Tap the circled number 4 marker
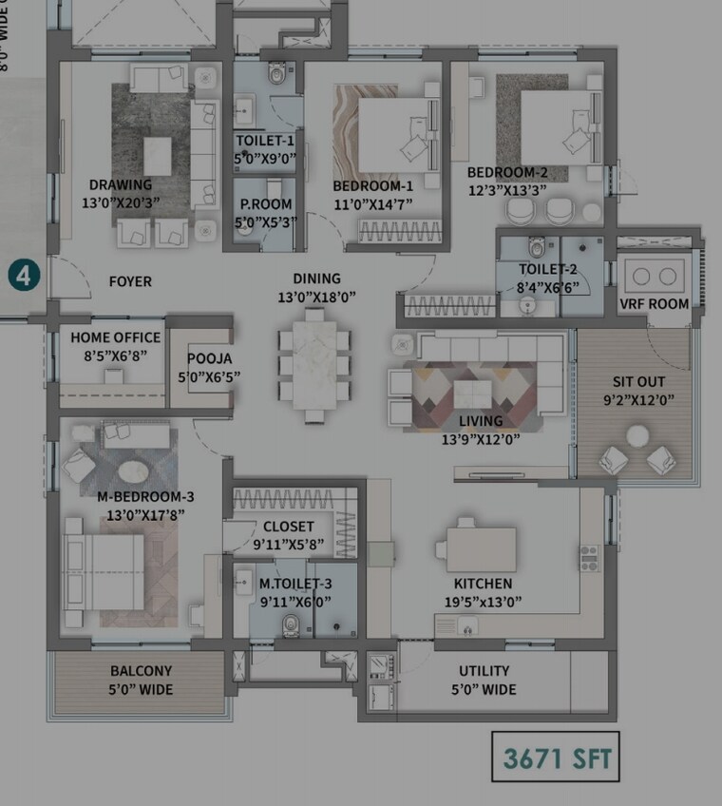click(x=24, y=277)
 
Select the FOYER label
click(x=130, y=281)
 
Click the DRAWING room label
click(x=121, y=184)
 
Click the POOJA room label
click(x=209, y=358)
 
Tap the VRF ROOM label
click(x=654, y=303)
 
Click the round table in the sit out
click(x=637, y=435)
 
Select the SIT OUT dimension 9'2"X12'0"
click(x=638, y=399)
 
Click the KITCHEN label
click(x=483, y=584)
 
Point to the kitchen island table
click(x=480, y=548)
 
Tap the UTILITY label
click(x=484, y=671)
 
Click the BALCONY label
click(x=141, y=671)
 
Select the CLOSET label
click(x=289, y=527)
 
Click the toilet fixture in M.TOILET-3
click(x=292, y=624)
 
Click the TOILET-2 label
click(x=547, y=269)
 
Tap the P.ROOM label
click(x=265, y=204)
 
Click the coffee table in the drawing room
click(x=157, y=156)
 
